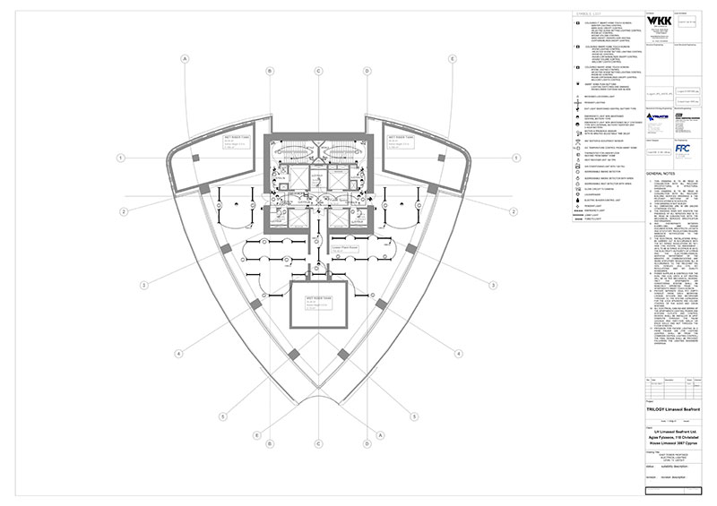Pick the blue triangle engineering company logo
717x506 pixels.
point(660,115)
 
